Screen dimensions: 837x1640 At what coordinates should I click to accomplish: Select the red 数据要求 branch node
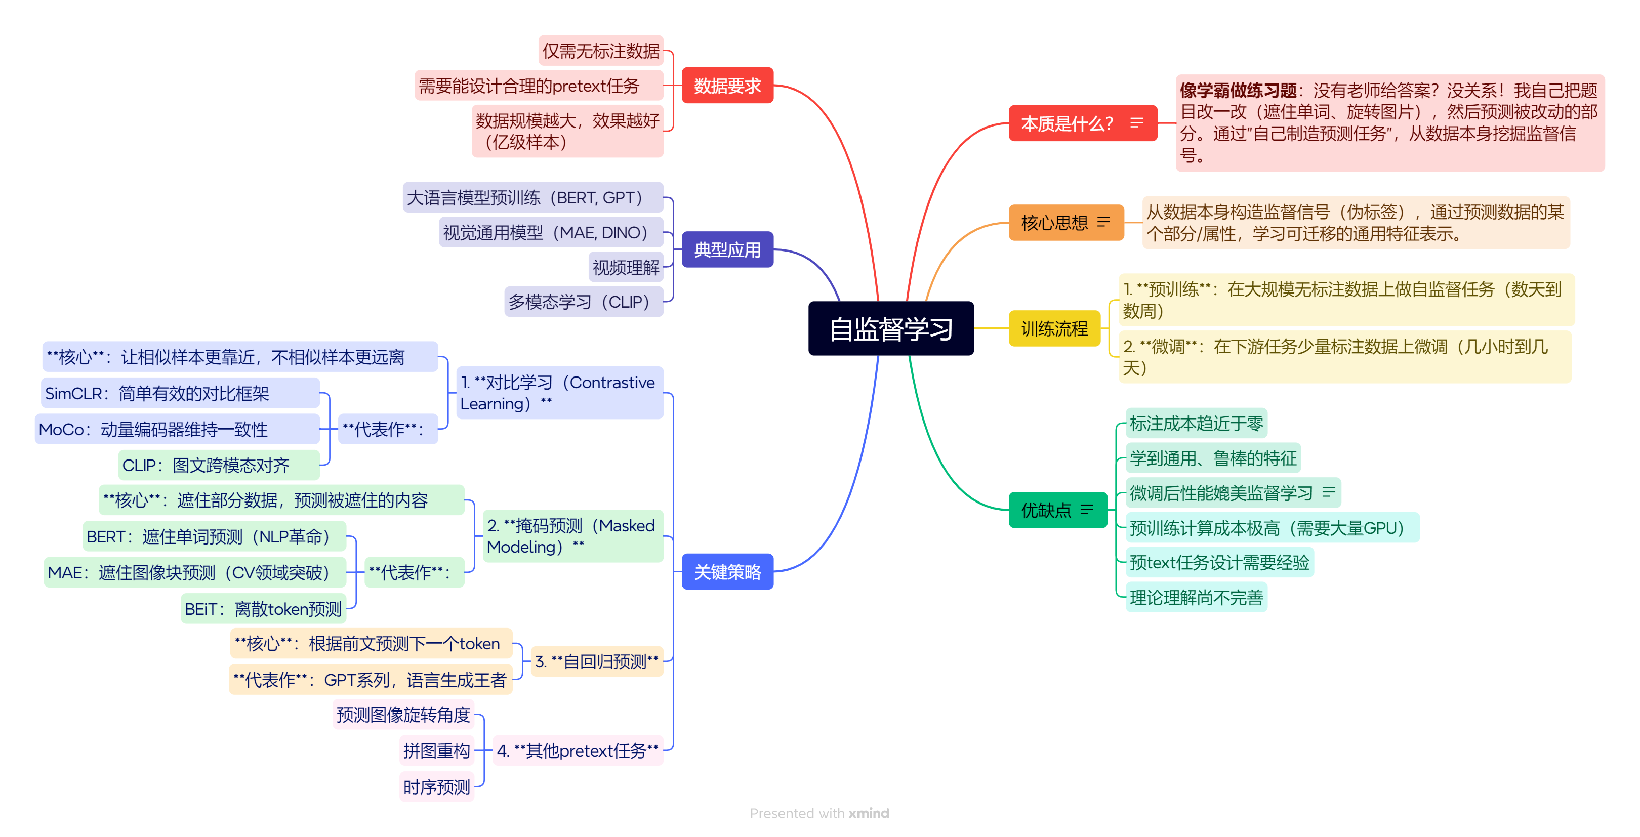tap(727, 86)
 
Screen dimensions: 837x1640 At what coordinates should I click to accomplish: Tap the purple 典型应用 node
tap(727, 249)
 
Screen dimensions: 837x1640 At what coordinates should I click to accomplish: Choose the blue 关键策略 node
tap(727, 571)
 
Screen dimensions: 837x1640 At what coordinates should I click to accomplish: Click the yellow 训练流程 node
tap(1054, 328)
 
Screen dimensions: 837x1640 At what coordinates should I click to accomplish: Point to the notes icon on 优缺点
tap(1087, 509)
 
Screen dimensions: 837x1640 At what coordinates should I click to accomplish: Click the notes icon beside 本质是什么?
tap(1136, 123)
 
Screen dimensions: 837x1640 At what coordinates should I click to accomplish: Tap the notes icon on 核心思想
tap(1103, 222)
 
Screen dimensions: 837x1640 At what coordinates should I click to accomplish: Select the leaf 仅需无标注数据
tap(600, 51)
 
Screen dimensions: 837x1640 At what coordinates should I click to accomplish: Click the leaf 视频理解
tap(625, 267)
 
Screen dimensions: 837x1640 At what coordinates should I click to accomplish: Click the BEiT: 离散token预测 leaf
tap(263, 608)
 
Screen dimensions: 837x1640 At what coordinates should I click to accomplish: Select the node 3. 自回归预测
tap(597, 661)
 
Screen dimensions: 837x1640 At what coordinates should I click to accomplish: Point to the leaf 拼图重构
tap(436, 750)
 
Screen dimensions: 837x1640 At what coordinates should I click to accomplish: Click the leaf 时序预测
tap(436, 787)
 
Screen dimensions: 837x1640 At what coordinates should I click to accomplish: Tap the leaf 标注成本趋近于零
tap(1196, 423)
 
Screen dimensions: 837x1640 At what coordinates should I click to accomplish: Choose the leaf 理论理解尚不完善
tap(1196, 597)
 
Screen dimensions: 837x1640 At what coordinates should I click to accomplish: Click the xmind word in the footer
tap(869, 813)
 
